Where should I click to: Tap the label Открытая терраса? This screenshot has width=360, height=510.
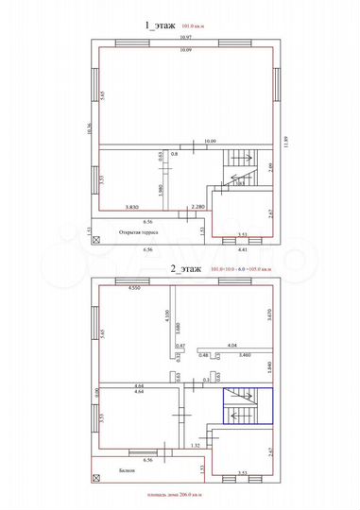(x=138, y=229)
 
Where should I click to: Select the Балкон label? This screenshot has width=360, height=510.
(x=129, y=469)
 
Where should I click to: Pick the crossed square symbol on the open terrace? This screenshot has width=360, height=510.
(x=94, y=240)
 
